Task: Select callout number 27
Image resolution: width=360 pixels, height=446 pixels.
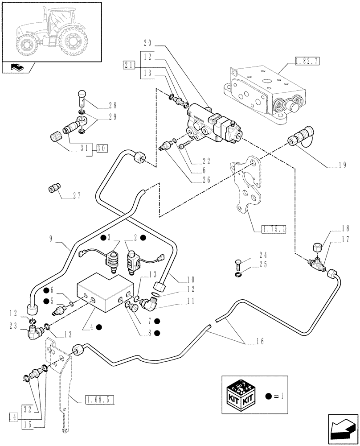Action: (x=78, y=196)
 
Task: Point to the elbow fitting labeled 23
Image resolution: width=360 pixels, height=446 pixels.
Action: (x=33, y=331)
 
